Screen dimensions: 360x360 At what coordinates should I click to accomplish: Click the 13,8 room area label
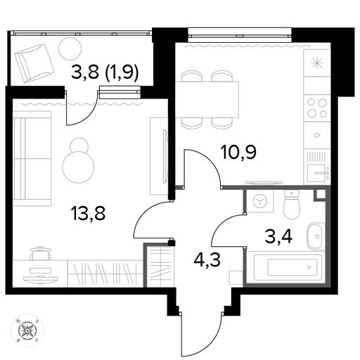tap(89, 213)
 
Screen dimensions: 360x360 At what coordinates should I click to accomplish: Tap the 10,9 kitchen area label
tap(238, 153)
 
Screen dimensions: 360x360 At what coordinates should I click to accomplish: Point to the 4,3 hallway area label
tap(207, 259)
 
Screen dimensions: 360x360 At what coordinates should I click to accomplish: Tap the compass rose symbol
tap(27, 330)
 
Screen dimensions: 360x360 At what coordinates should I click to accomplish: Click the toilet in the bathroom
tap(292, 204)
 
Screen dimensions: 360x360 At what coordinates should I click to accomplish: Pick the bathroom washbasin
tap(316, 236)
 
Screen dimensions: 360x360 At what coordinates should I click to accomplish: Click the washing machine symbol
tap(260, 201)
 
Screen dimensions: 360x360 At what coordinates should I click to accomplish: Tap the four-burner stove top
tap(317, 108)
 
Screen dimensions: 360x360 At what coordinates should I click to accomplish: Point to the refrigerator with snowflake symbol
tap(317, 63)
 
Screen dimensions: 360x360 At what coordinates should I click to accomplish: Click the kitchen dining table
tap(207, 99)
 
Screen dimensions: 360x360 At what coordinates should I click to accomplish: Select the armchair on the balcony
tap(34, 63)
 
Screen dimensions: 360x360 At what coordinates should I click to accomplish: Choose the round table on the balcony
tap(70, 49)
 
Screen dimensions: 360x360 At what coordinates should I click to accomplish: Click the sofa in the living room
tap(32, 158)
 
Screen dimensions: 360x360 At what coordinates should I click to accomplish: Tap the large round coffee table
tap(78, 167)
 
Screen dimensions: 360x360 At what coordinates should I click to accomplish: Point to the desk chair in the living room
tap(41, 252)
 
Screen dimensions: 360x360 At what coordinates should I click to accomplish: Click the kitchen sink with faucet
tap(317, 173)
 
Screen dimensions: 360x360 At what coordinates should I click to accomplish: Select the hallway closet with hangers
tap(160, 265)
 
